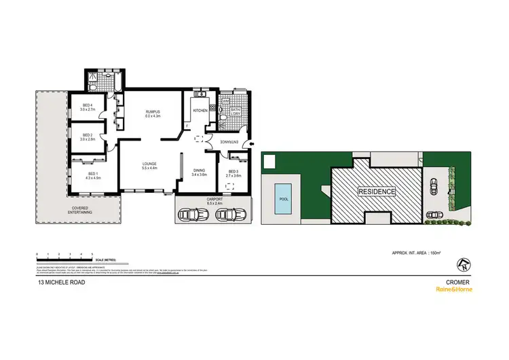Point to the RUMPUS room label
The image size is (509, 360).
(151, 113)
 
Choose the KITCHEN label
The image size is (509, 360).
(200, 110)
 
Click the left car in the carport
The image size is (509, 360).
(191, 215)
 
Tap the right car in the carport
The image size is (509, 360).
(229, 215)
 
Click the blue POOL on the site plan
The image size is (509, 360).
(283, 198)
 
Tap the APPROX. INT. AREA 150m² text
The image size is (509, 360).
(417, 253)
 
